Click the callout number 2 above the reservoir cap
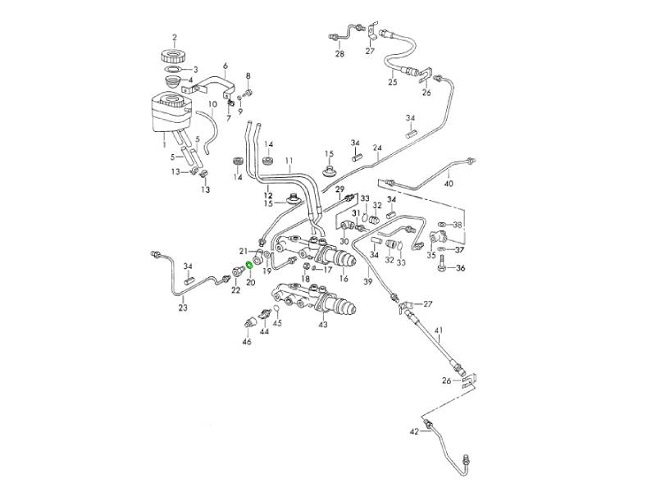pyautogui.click(x=175, y=37)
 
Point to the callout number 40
pyautogui.click(x=448, y=184)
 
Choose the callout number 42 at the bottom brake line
pyautogui.click(x=414, y=430)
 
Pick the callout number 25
pyautogui.click(x=392, y=83)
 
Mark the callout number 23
pyautogui.click(x=183, y=307)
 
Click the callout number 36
pyautogui.click(x=459, y=269)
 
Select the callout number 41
pyautogui.click(x=439, y=332)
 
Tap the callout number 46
pyautogui.click(x=246, y=342)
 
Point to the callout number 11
pyautogui.click(x=289, y=159)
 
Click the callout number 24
pyautogui.click(x=377, y=148)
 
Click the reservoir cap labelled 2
pyautogui.click(x=174, y=59)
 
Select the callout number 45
pyautogui.click(x=277, y=323)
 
